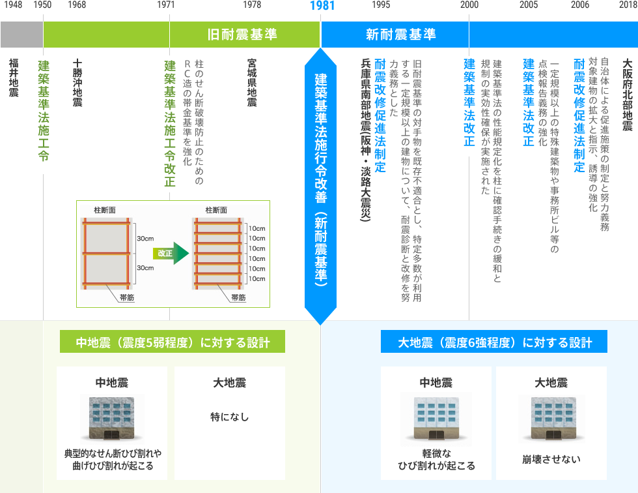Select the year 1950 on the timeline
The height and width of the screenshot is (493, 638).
click(43, 5)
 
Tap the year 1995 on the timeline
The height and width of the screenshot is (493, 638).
click(381, 5)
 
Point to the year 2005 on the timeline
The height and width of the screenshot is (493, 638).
click(529, 5)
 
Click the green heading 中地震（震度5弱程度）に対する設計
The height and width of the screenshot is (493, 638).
click(173, 342)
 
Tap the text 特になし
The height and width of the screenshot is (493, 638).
click(229, 417)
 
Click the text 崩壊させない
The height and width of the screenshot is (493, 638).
click(551, 459)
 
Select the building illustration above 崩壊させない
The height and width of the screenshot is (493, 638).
click(551, 417)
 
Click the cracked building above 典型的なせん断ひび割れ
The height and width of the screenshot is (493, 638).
click(113, 417)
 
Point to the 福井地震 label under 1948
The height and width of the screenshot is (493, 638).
click(13, 78)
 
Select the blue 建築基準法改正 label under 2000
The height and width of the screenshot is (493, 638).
click(469, 104)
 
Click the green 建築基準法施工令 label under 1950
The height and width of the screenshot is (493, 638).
click(43, 111)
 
